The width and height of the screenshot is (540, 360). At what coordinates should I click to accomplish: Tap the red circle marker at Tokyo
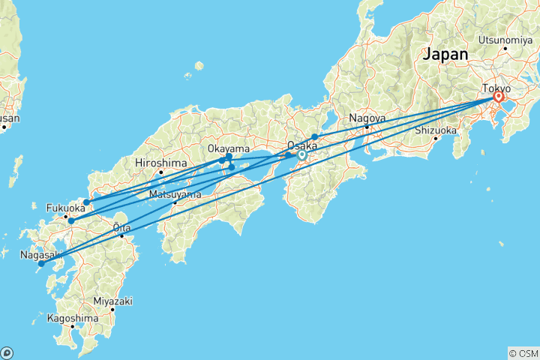click(498, 97)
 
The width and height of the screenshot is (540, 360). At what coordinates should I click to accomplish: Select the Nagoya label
click(367, 118)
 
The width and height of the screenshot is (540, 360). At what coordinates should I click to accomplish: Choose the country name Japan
click(445, 55)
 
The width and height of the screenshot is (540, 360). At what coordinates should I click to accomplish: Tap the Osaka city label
click(301, 147)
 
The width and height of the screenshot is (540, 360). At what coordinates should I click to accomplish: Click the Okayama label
click(229, 149)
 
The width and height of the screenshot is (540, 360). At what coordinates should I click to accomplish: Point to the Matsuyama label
click(175, 194)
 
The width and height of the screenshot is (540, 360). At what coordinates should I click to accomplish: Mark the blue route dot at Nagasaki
click(41, 263)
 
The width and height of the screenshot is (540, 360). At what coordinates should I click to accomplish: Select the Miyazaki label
click(112, 301)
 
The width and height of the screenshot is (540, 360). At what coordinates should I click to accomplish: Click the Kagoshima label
click(73, 318)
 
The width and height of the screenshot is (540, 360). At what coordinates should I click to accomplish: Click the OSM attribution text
click(523, 352)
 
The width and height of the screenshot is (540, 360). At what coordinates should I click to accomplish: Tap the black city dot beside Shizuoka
click(435, 139)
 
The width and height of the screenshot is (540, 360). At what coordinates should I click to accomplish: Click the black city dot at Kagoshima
click(73, 327)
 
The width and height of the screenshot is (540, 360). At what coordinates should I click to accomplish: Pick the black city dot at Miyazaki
click(112, 309)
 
